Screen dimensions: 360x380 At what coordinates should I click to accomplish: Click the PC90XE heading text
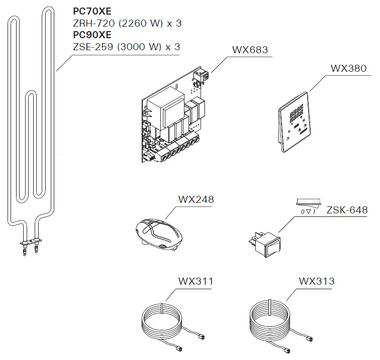point(92,35)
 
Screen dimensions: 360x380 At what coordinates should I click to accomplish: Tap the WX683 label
point(250,51)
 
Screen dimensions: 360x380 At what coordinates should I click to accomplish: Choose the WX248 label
point(196,200)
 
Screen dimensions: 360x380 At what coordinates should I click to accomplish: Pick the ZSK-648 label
point(347,210)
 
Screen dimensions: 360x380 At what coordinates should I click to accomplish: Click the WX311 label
point(196,282)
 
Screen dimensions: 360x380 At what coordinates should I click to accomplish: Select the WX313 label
point(317,282)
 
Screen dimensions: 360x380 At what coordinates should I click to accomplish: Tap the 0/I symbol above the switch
point(308,212)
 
